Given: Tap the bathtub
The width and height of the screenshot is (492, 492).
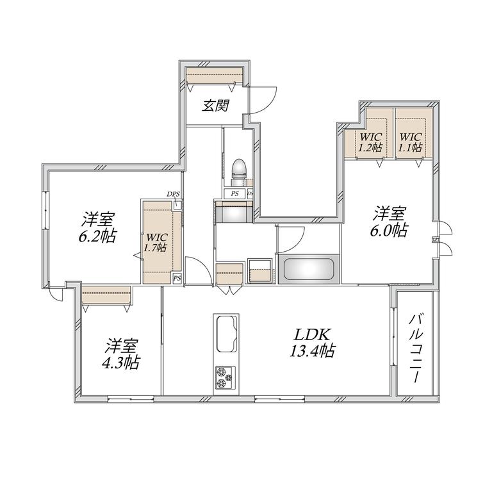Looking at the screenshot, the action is (x=308, y=269).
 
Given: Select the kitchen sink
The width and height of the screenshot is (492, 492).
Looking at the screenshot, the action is (x=225, y=334).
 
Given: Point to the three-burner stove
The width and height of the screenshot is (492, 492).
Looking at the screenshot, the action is (x=225, y=378).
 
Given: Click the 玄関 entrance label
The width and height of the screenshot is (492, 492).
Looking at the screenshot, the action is (x=216, y=106).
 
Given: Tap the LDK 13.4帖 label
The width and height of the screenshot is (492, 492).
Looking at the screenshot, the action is (x=311, y=343).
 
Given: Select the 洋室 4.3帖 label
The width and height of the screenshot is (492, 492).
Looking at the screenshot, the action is (x=121, y=354).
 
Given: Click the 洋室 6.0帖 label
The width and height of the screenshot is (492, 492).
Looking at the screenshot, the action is (x=389, y=221).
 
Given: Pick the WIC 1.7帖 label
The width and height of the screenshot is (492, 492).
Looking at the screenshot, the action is (x=155, y=242).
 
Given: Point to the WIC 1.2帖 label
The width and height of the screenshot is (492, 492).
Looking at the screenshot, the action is (x=370, y=142).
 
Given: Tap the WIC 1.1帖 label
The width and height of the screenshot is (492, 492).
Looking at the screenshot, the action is (x=410, y=142).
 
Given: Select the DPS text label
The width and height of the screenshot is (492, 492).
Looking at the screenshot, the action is (x=173, y=194).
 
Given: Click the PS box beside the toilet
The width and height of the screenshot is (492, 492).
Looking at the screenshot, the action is (x=234, y=193).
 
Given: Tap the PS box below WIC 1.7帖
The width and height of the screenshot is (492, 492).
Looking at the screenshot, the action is (x=177, y=278).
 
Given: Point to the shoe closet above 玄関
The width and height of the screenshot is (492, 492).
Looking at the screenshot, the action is (x=215, y=76).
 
